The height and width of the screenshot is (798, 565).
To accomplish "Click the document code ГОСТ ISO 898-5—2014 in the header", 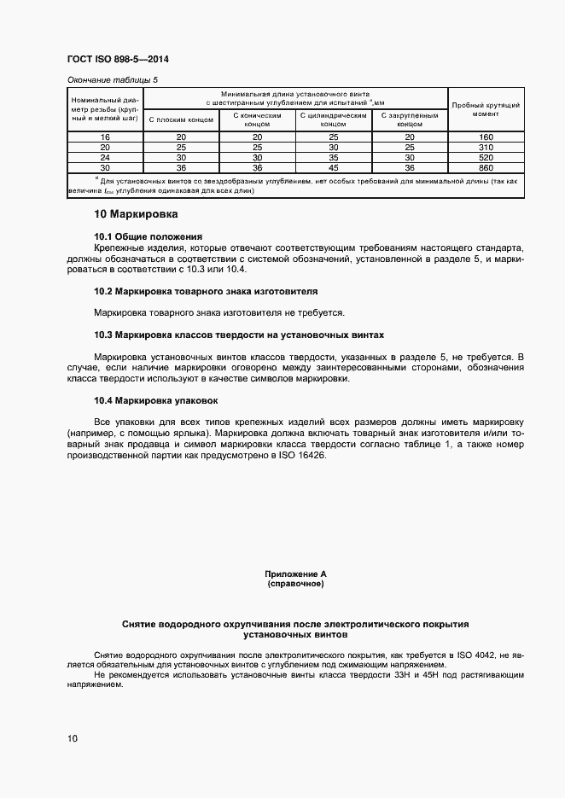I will (x=124, y=61).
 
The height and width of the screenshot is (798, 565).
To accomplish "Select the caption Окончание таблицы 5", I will (x=113, y=79).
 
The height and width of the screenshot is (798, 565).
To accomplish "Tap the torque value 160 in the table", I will (x=486, y=137).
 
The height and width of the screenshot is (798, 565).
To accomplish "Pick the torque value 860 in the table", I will (x=486, y=167).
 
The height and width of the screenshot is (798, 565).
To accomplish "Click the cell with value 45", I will (x=333, y=167).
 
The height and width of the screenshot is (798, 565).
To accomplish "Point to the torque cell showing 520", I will (x=486, y=157).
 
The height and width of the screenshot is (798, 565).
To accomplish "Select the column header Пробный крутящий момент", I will (x=486, y=108).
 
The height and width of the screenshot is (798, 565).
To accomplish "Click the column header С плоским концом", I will (x=181, y=120).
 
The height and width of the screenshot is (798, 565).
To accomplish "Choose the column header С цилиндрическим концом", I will (x=333, y=119).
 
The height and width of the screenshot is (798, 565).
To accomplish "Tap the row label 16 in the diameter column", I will (x=105, y=137).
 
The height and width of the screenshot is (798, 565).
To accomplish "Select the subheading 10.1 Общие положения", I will (x=148, y=236).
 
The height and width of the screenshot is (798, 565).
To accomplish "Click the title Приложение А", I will (x=295, y=575).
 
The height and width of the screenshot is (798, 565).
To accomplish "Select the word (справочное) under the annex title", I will (x=295, y=585).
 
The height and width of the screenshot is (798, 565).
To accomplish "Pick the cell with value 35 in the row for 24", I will (x=333, y=157).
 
